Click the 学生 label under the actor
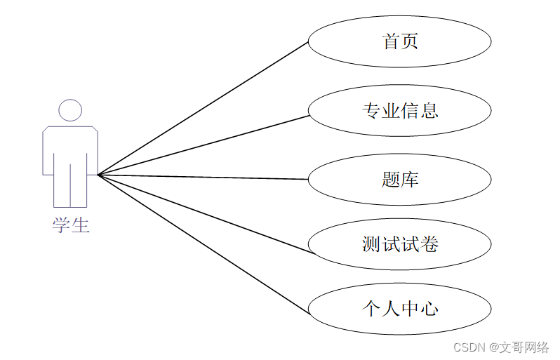coord(70,225)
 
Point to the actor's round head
coord(70,110)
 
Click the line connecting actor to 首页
coord(204,107)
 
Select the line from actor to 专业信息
coord(204,145)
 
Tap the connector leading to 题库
coord(204,177)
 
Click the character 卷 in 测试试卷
coord(429,244)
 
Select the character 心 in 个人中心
coord(429,308)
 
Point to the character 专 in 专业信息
coord(371,110)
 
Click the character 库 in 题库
coord(410,179)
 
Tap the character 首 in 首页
coord(391,41)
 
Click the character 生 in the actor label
coord(80,225)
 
